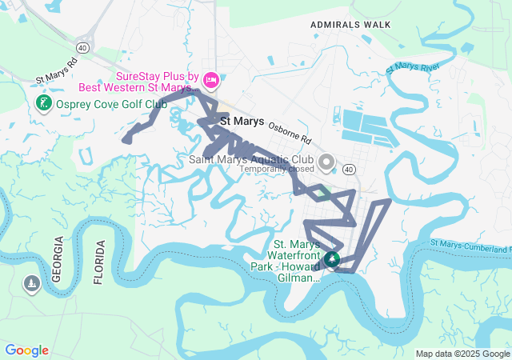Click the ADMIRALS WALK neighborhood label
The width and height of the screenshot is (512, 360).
click(x=351, y=24)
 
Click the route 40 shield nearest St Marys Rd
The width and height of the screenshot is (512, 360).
click(x=83, y=47)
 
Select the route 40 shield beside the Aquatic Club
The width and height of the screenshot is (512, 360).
click(x=349, y=169)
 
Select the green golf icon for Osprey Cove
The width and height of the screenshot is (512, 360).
click(x=43, y=103)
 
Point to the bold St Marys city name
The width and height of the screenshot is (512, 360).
click(x=242, y=122)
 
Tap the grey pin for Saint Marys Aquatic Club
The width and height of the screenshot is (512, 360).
click(x=326, y=162)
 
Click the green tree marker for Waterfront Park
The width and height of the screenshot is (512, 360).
click(x=331, y=259)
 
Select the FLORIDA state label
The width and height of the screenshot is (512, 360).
click(x=99, y=262)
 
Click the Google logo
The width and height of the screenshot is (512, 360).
click(x=26, y=350)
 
